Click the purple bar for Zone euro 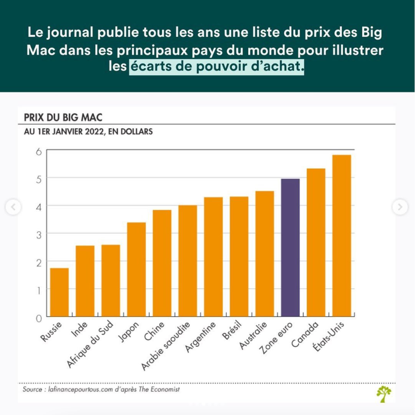coord(290,247)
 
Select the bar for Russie coord(60,292)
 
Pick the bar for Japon coord(136,269)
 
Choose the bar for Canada coord(316,242)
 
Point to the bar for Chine coord(162,263)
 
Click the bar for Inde coord(85,281)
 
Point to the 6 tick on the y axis coord(38,151)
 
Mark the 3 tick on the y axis coord(38,234)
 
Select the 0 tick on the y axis coord(38,318)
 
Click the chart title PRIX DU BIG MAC coord(63,117)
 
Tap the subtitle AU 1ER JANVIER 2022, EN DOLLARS coord(88,132)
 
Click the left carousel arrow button coord(13,207)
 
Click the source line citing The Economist coord(101,390)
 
